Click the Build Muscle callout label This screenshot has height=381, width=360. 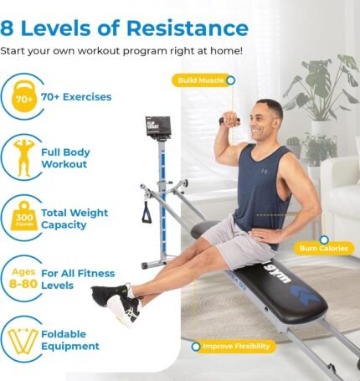click(199, 80)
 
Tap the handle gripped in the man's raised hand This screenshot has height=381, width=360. click(229, 121)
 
